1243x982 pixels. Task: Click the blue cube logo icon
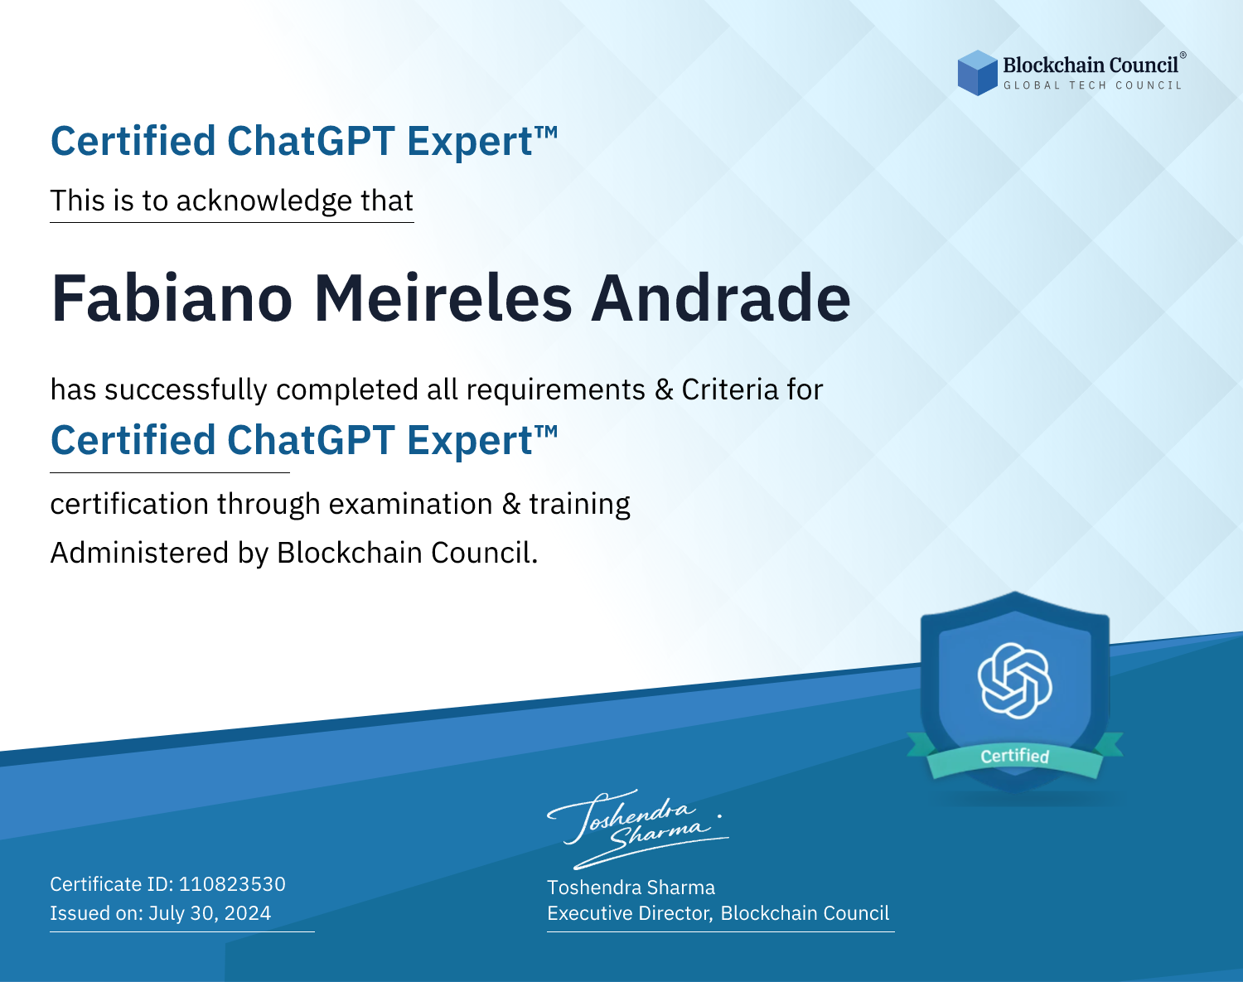pos(977,73)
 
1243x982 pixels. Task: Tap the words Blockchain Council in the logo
pos(1091,65)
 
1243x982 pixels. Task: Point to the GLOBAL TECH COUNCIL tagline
pos(1093,85)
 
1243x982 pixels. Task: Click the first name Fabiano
pos(172,298)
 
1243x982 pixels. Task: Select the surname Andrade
pos(720,298)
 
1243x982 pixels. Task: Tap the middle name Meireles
pos(443,298)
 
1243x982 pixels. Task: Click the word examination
pos(411,504)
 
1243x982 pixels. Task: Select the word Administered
pos(140,553)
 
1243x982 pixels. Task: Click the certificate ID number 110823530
pos(232,884)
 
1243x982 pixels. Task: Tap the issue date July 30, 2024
pos(210,913)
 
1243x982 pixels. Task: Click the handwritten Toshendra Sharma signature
pos(638,830)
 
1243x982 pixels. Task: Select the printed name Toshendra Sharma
pos(631,888)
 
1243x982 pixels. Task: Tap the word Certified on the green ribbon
pos(1015,756)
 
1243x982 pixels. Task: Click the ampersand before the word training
pos(511,504)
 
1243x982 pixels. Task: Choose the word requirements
pos(556,390)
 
